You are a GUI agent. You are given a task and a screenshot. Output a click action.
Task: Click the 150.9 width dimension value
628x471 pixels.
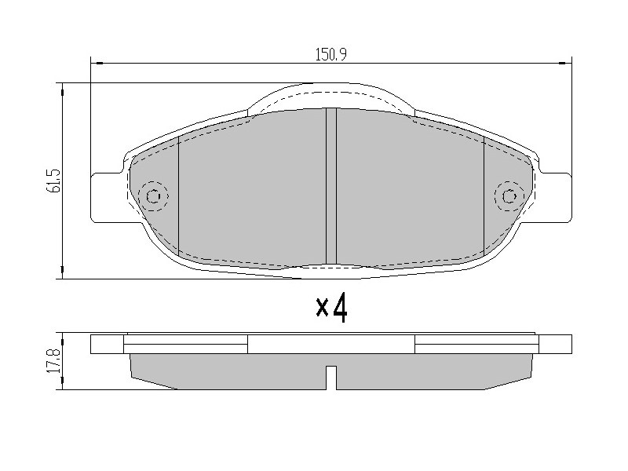330,54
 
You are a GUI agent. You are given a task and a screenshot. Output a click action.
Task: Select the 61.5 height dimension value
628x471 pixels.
54,181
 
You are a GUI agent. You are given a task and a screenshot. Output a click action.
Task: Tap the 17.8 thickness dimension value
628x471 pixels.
54,361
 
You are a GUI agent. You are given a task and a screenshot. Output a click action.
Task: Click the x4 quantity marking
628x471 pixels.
331,308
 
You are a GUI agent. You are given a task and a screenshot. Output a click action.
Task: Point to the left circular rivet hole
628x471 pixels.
153,196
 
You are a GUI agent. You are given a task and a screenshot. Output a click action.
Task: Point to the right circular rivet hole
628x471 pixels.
509,196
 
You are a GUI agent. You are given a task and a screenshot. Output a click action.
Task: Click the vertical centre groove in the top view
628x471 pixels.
331,186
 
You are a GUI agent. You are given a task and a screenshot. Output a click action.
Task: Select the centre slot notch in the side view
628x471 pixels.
331,378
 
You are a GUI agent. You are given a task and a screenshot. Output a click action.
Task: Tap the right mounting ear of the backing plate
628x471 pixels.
555,198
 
